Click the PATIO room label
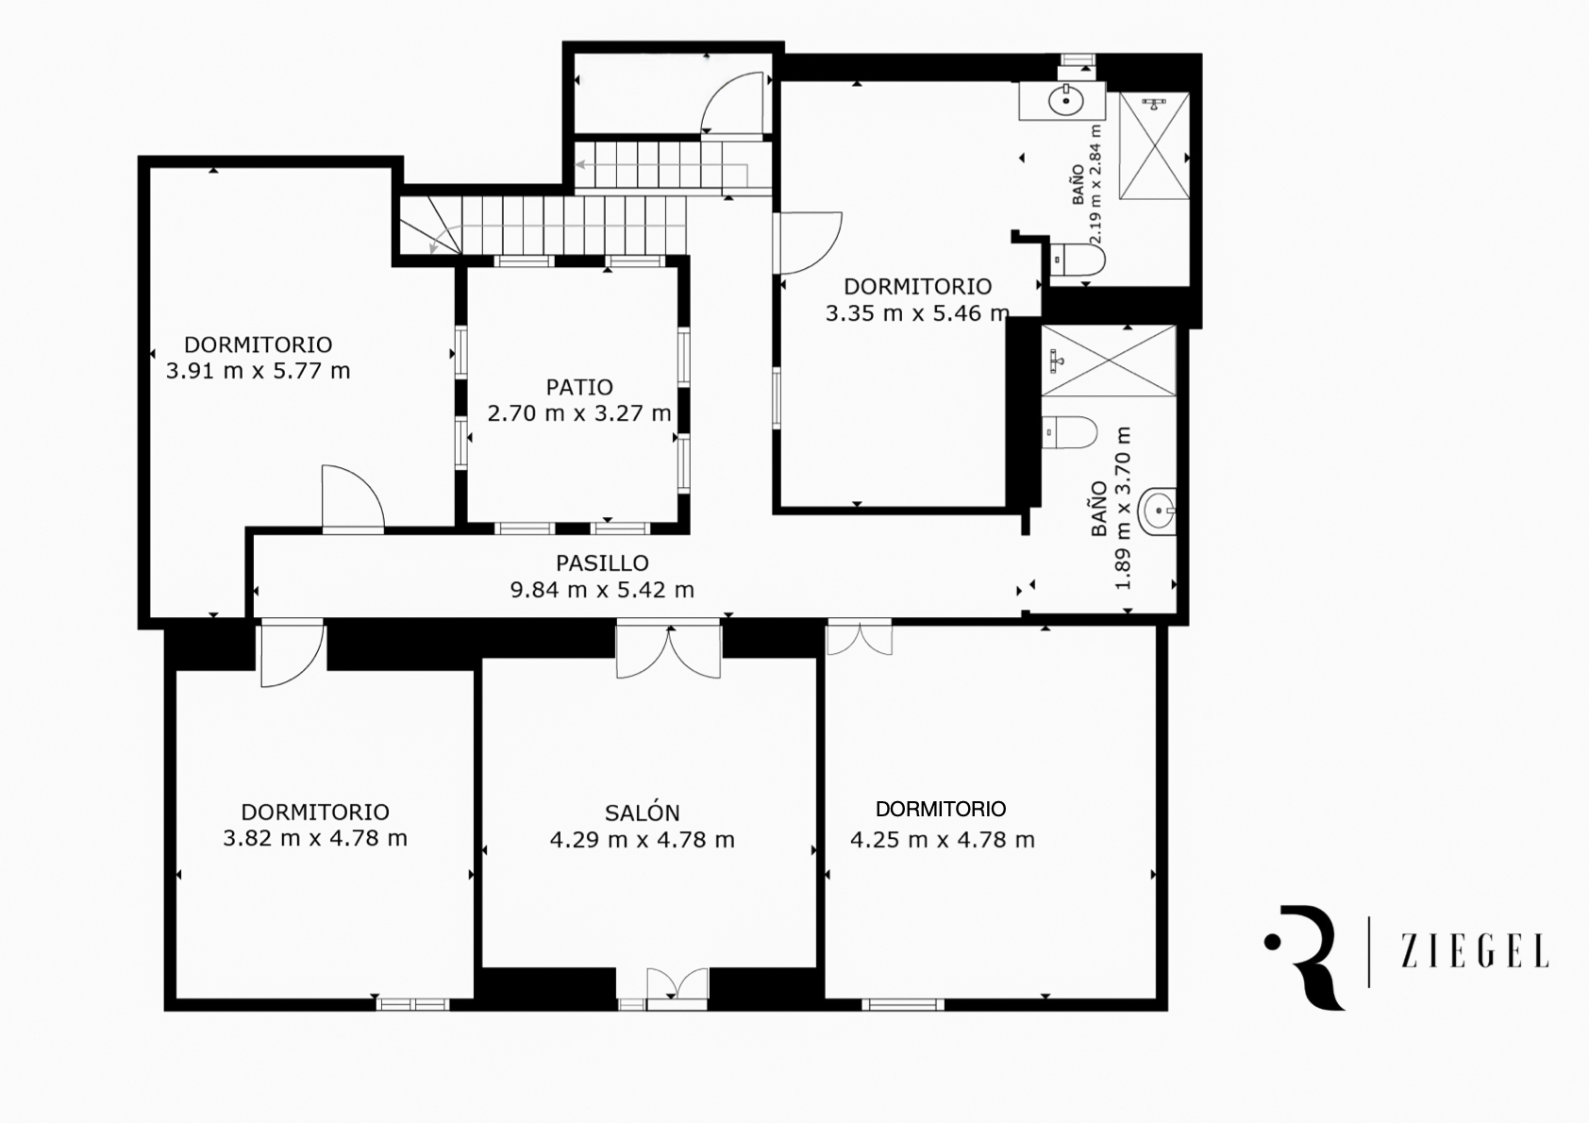click(579, 387)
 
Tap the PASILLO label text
click(602, 563)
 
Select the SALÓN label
click(642, 813)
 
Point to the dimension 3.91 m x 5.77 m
click(259, 371)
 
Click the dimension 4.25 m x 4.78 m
click(943, 840)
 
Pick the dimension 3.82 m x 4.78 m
click(316, 839)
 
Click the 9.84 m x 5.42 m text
click(602, 590)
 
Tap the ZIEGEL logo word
click(1475, 951)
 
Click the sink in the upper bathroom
click(1065, 101)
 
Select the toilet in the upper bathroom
click(1077, 260)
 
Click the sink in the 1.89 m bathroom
click(1157, 510)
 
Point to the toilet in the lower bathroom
click(1069, 432)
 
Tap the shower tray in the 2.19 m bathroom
click(1154, 146)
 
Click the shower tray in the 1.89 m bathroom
click(1109, 360)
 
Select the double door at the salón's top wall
click(668, 648)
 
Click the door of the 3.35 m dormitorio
click(808, 243)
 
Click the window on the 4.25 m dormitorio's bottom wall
click(903, 1004)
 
